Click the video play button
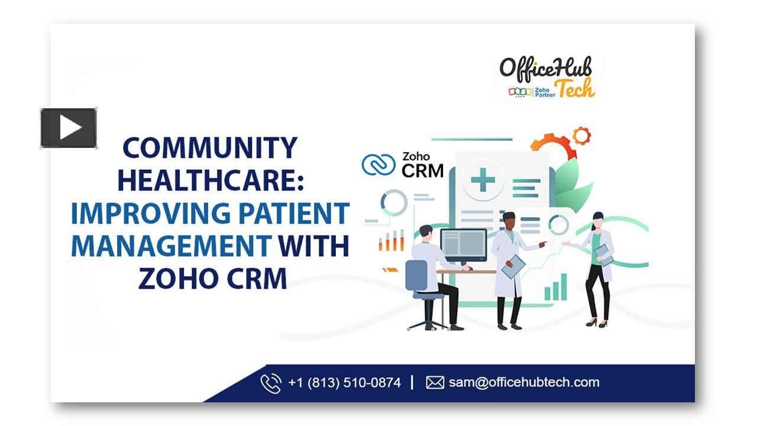[x=69, y=128]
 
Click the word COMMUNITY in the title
[x=209, y=149]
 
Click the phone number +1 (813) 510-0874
[x=344, y=383]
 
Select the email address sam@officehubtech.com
[x=524, y=383]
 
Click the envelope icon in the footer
[x=435, y=383]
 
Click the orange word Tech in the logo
[x=575, y=88]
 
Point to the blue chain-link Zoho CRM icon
[x=378, y=165]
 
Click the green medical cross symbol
[x=483, y=179]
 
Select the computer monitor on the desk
[x=464, y=246]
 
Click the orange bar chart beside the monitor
[x=392, y=240]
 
